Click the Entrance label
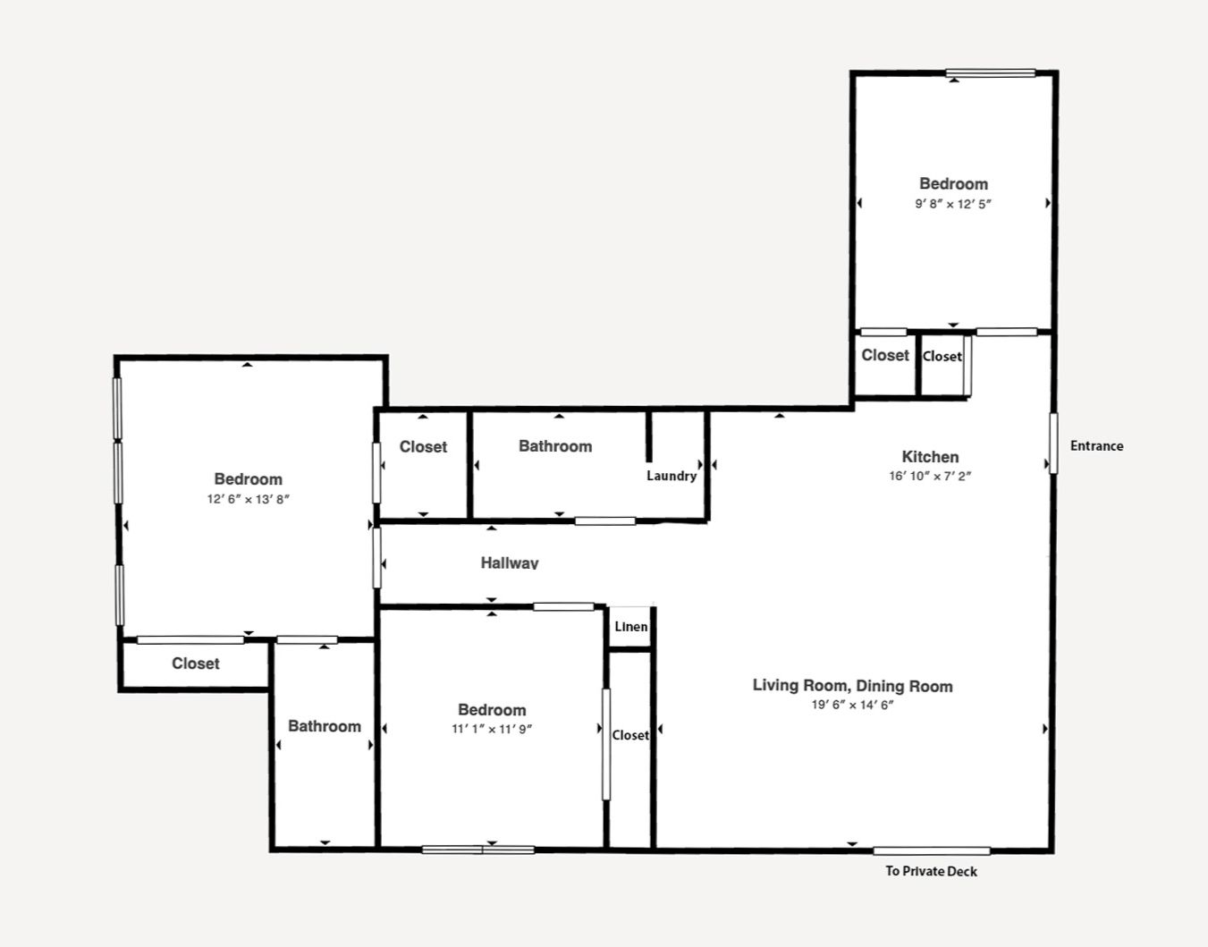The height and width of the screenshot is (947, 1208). (x=1097, y=445)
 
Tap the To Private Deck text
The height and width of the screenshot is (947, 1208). (x=931, y=871)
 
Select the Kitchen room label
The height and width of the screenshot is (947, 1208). (x=930, y=457)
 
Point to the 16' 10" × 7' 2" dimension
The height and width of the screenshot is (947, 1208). (x=930, y=476)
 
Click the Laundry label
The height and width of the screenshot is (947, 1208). (x=672, y=476)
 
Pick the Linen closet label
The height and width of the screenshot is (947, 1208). (x=631, y=626)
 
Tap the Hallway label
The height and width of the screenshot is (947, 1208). (x=510, y=563)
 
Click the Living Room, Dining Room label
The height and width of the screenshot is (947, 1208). (x=853, y=686)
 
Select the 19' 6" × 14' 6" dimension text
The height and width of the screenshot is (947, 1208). (x=853, y=705)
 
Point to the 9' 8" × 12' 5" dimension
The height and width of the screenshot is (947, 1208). (x=953, y=204)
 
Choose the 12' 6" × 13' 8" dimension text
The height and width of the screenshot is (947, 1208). (x=249, y=499)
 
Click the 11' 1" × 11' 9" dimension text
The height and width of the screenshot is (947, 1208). (x=492, y=729)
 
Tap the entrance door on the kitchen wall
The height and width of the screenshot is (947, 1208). (x=1053, y=443)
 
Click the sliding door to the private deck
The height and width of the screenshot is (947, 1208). (x=932, y=850)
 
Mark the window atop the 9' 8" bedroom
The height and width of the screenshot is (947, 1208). (x=991, y=72)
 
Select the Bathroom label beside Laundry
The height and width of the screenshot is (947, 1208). (x=555, y=446)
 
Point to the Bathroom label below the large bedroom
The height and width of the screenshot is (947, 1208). (x=325, y=726)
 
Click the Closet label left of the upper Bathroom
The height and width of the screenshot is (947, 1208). (x=423, y=447)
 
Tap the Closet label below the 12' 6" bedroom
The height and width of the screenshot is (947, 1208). (x=196, y=664)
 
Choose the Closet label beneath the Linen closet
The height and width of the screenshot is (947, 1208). (x=630, y=735)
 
